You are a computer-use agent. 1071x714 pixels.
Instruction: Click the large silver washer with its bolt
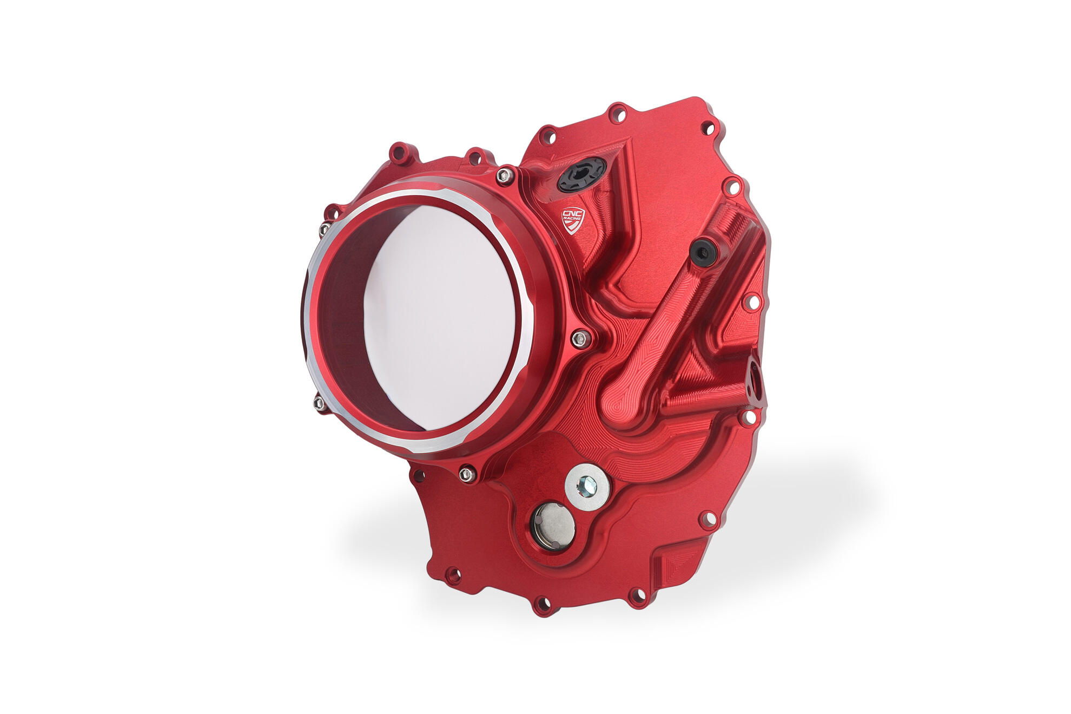click(587, 487)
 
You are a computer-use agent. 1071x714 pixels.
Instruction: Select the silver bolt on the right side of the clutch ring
click(580, 339)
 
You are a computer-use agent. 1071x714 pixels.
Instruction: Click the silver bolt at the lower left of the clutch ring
click(319, 402)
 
